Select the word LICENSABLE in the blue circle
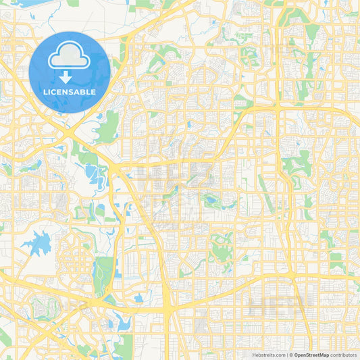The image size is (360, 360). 70,92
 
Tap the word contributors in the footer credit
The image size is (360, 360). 345,354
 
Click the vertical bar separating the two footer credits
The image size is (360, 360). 289,354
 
